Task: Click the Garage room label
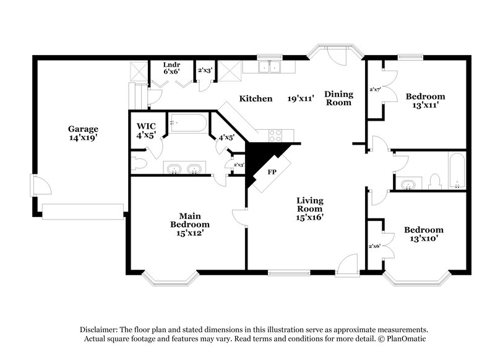[x=83, y=134]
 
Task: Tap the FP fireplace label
[x=271, y=173]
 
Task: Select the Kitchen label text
[x=256, y=98]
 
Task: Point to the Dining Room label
[x=339, y=98]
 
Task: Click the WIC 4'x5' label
[x=146, y=130]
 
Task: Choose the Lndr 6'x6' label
[x=171, y=68]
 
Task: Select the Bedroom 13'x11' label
[x=425, y=101]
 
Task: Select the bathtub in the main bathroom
[x=189, y=124]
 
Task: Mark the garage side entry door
[x=37, y=186]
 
